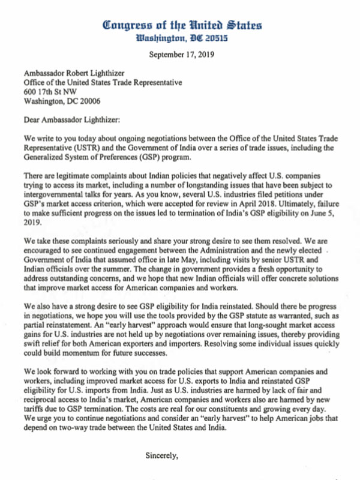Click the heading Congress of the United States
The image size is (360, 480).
pos(182,25)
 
